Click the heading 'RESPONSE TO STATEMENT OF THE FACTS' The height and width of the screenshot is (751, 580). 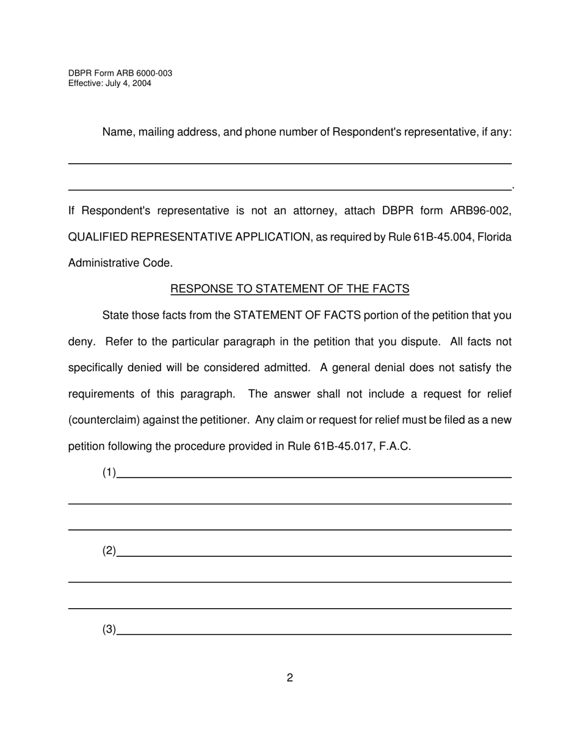(x=289, y=289)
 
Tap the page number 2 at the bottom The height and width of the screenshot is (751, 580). (x=289, y=678)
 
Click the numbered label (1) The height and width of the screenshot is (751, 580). (x=109, y=473)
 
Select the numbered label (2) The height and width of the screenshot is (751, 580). (x=109, y=551)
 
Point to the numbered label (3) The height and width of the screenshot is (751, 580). (x=109, y=629)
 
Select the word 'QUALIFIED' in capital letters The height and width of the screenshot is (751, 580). (x=98, y=237)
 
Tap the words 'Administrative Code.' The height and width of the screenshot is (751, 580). (x=120, y=263)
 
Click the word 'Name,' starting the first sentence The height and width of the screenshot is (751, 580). (x=118, y=132)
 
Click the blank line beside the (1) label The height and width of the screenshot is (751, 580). (x=314, y=476)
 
